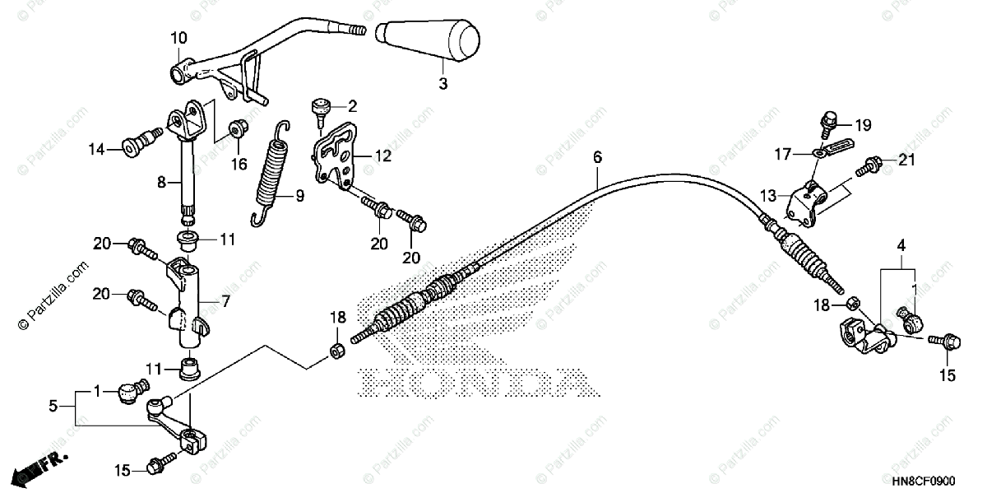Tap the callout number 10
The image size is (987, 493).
click(x=178, y=38)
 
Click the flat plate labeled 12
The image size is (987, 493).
click(x=339, y=156)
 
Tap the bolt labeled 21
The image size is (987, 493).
click(x=866, y=167)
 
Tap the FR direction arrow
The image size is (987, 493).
click(x=38, y=468)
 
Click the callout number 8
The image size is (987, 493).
click(x=163, y=180)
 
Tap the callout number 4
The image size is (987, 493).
click(x=901, y=245)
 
